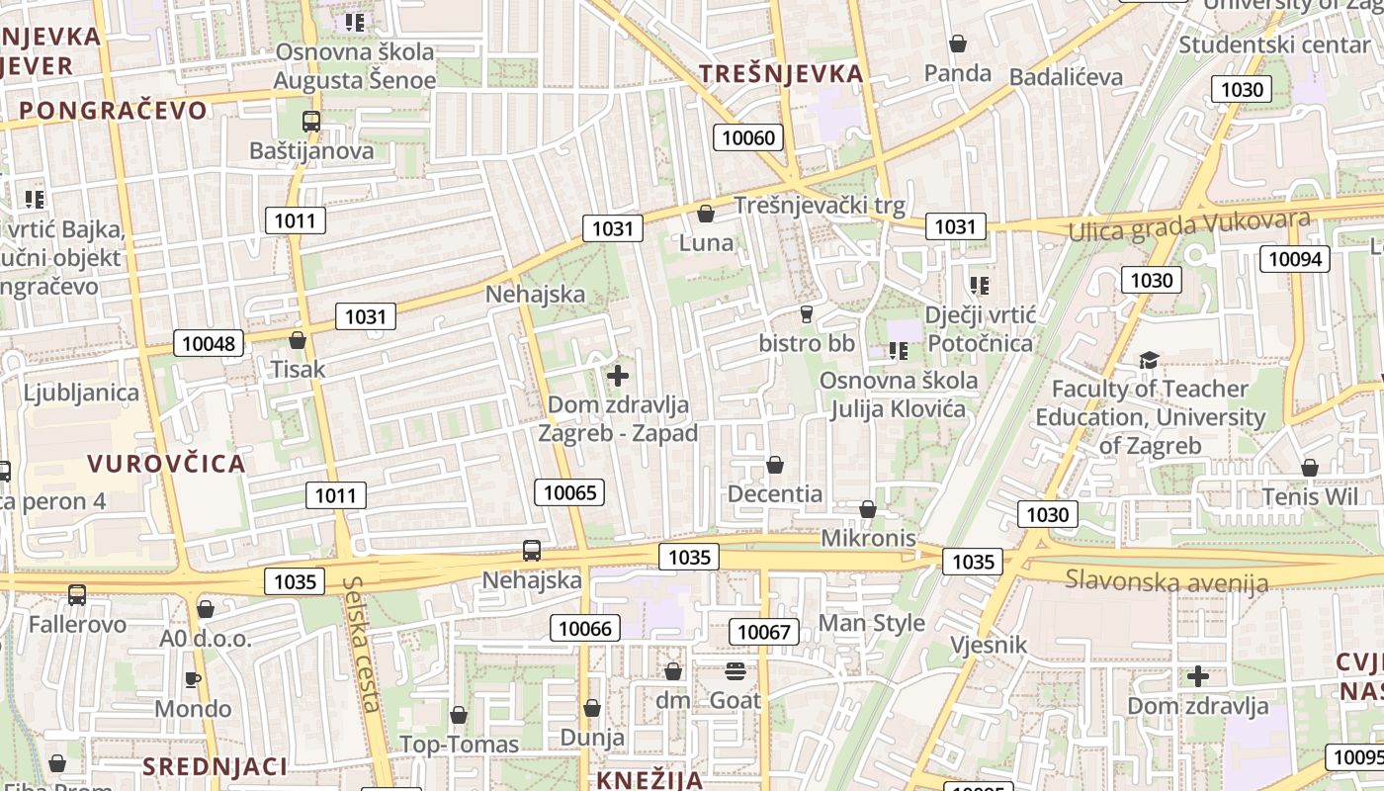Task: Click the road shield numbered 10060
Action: (x=748, y=137)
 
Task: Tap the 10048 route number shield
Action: (x=210, y=343)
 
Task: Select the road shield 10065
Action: (x=569, y=491)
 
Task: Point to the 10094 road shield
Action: (x=1294, y=259)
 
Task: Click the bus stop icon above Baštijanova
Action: (x=311, y=122)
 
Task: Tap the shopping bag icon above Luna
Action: (x=706, y=214)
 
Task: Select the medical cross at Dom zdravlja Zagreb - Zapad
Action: (x=618, y=376)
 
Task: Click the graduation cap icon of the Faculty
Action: (x=1149, y=360)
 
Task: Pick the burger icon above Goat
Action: (x=735, y=671)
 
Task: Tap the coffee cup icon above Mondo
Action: (x=193, y=679)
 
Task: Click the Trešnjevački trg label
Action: (x=820, y=206)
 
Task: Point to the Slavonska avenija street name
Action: (x=1166, y=580)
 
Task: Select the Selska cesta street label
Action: (x=362, y=644)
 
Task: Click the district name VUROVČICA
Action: (x=166, y=464)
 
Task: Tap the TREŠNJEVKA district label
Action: (x=781, y=73)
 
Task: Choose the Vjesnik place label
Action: (x=989, y=646)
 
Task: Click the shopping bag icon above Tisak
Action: (x=298, y=341)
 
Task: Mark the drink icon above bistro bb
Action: (x=806, y=314)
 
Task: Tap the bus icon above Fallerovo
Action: (x=77, y=595)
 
